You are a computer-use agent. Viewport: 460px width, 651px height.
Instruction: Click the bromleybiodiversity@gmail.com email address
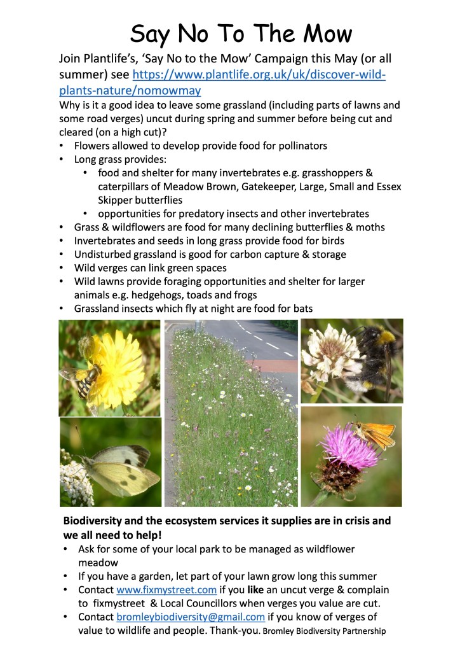pos(191,617)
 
